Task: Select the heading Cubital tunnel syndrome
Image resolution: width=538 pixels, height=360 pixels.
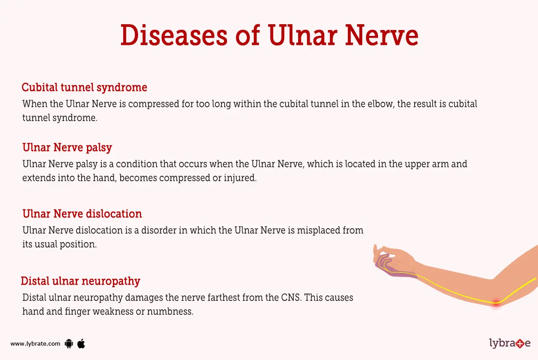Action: click(84, 87)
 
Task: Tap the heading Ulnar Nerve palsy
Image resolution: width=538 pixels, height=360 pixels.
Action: click(67, 147)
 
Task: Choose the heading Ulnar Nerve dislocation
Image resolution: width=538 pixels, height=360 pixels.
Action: click(82, 213)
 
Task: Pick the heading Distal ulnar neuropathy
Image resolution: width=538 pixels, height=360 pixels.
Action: click(81, 281)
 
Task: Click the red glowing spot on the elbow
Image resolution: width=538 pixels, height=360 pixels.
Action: click(496, 303)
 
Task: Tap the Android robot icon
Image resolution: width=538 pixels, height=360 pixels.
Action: click(69, 344)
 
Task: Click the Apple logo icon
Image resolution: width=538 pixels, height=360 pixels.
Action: click(81, 343)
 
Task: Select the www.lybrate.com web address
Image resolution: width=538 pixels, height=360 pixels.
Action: click(35, 344)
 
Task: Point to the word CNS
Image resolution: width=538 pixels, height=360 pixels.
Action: click(291, 298)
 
